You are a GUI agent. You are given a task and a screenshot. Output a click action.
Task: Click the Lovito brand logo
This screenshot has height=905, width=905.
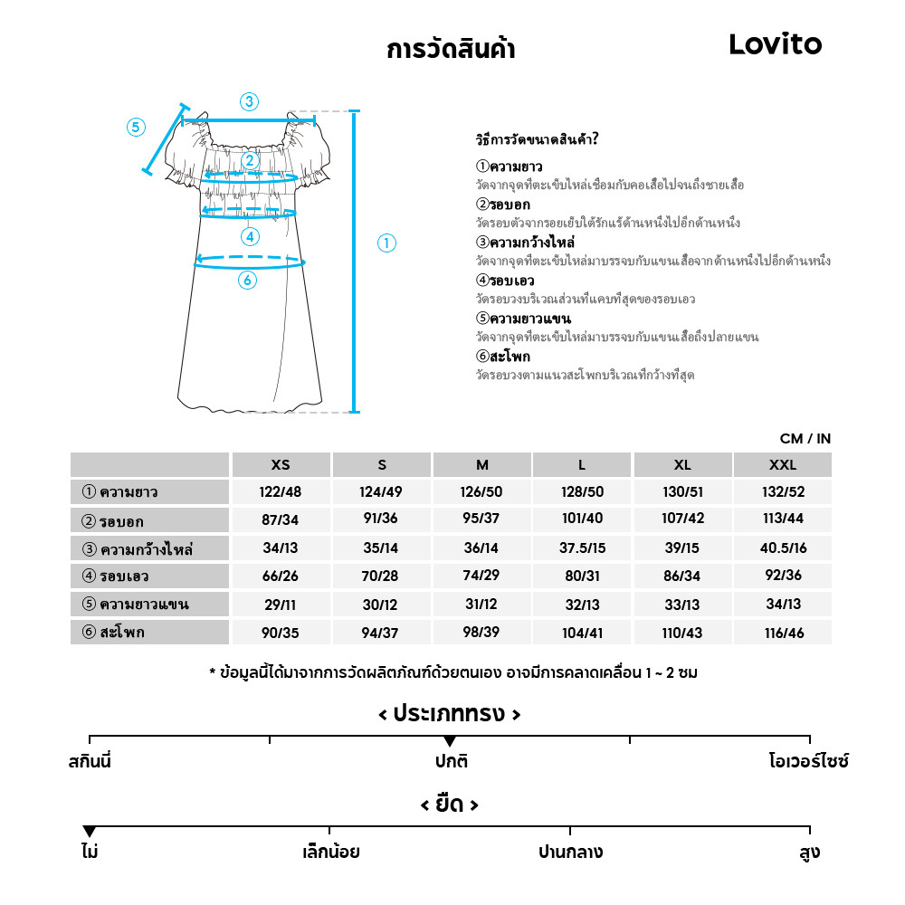(776, 44)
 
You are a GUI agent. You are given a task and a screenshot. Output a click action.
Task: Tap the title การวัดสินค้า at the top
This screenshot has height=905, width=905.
(451, 49)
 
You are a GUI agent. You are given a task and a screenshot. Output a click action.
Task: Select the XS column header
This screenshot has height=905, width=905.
(281, 465)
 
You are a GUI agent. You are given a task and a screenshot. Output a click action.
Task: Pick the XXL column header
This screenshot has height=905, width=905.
(782, 465)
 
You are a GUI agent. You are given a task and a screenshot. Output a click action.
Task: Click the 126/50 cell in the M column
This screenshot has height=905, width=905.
(481, 492)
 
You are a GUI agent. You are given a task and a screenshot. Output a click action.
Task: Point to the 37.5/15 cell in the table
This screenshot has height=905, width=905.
(582, 548)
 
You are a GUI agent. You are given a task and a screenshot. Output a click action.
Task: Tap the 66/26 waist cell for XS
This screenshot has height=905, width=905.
(281, 576)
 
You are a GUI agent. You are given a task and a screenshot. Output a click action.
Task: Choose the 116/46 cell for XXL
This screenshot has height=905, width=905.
(782, 633)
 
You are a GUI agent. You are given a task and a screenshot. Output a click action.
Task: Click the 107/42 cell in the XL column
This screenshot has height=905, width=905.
(682, 520)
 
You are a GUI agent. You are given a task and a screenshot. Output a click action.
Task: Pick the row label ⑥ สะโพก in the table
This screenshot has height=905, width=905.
(113, 633)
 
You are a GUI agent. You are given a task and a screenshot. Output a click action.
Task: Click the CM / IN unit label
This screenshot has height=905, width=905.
(805, 439)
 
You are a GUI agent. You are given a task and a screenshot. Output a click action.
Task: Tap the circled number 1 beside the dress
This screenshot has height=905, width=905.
(386, 243)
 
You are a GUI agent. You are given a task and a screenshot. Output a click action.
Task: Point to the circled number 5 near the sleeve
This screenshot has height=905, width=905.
(136, 127)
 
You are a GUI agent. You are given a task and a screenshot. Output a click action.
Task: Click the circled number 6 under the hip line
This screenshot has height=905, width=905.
(247, 281)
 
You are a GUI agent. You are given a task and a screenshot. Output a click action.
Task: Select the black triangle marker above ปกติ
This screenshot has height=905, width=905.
(450, 742)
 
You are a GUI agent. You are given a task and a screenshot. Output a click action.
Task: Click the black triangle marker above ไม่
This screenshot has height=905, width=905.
(89, 832)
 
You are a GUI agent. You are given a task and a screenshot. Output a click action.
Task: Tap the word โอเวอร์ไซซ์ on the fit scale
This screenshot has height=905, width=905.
(808, 762)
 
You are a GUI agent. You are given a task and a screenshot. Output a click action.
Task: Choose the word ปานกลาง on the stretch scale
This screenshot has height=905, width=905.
(570, 853)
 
